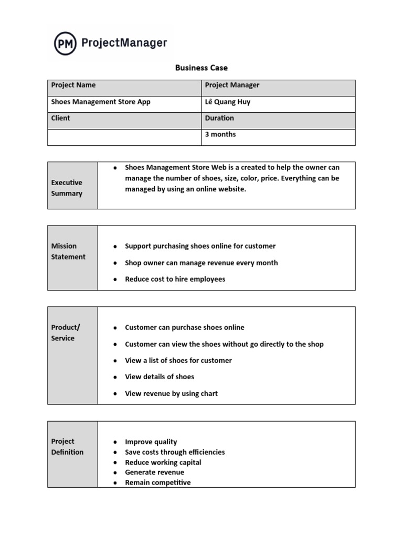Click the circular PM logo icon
tap(66, 43)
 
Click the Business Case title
tap(201, 68)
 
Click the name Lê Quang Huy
tap(228, 102)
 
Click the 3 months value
tap(220, 134)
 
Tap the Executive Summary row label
tap(67, 188)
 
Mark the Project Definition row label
tap(67, 446)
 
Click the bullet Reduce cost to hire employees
tap(175, 279)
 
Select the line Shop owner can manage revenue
tap(201, 263)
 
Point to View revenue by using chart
tap(171, 393)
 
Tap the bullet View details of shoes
tap(160, 377)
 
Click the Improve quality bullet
tap(151, 442)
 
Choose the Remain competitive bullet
tap(157, 482)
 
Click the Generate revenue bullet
tap(154, 472)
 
